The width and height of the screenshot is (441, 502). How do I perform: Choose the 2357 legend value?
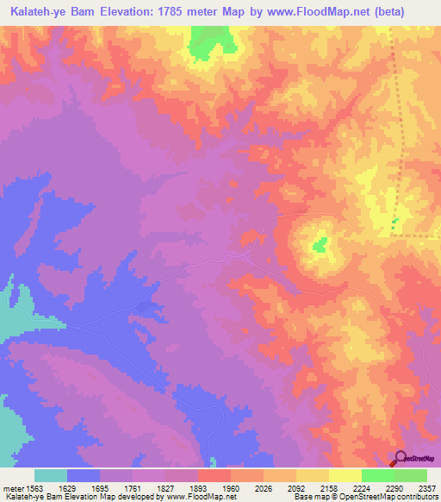point(427,487)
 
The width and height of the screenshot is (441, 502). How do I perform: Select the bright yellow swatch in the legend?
point(345,475)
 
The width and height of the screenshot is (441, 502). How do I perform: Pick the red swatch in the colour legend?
point(214,475)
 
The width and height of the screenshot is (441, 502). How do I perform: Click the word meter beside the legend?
point(13,487)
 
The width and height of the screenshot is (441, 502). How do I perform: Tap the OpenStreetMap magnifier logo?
point(401,458)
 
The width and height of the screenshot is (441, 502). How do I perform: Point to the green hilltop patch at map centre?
point(320,246)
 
